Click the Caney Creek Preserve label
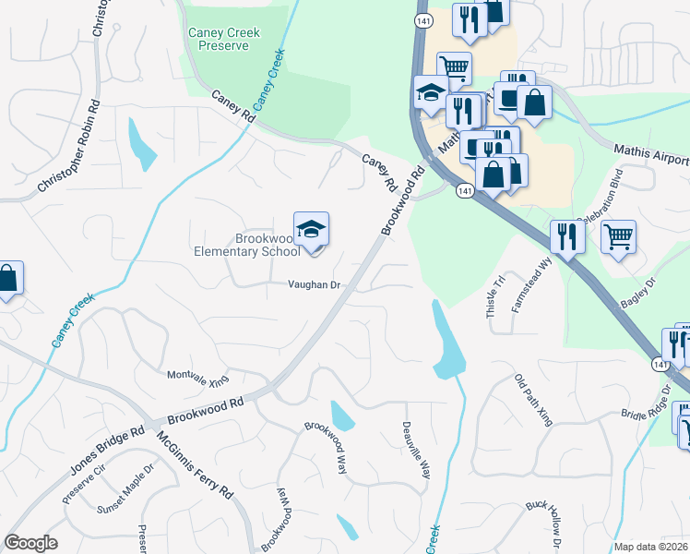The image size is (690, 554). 224,39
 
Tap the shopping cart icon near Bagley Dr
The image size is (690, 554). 618,236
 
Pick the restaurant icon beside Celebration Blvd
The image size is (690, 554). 564,236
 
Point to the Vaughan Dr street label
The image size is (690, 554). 314,285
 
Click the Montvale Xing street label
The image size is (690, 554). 197,377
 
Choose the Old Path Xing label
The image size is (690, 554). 533,401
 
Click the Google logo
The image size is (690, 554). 30,543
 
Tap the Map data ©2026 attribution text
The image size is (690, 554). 651,547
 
